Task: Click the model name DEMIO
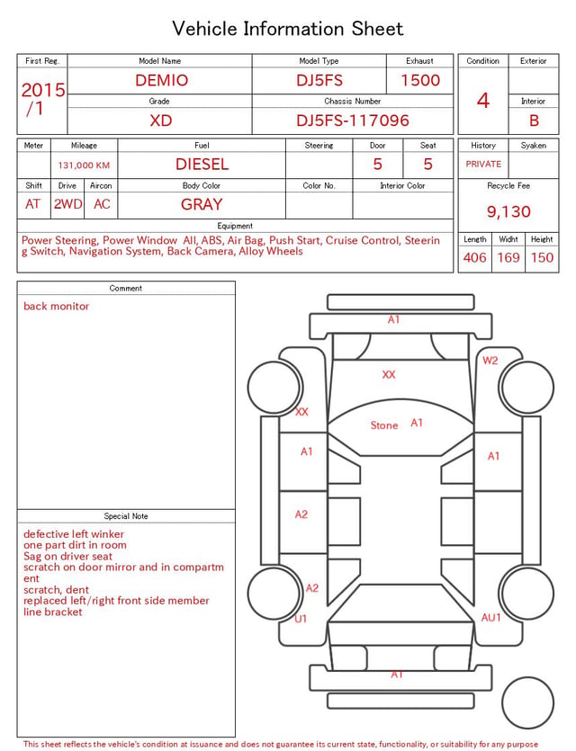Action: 161,80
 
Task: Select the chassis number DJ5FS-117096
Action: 353,121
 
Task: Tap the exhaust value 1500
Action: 420,80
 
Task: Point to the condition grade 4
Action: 483,101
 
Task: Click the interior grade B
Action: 534,121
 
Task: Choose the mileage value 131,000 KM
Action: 84,165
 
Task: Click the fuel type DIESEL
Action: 202,165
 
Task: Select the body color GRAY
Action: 202,204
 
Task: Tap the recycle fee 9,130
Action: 508,211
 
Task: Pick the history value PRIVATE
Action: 483,165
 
